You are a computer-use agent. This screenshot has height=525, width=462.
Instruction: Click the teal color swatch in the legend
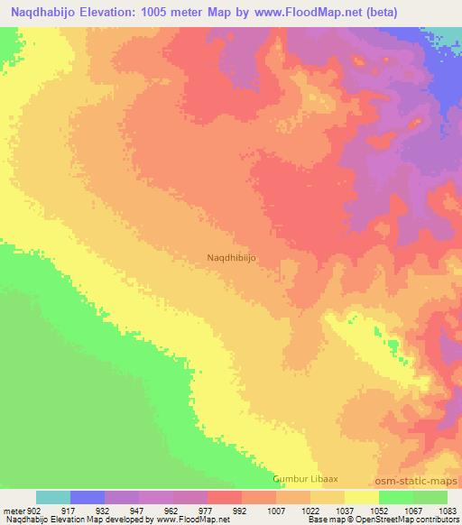pyautogui.click(x=53, y=497)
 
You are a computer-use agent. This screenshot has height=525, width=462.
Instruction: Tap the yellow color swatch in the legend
pyautogui.click(x=362, y=497)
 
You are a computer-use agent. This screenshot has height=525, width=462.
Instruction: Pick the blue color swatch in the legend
pyautogui.click(x=88, y=497)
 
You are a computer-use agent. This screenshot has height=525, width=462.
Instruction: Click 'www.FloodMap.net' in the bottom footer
pyautogui.click(x=190, y=520)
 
